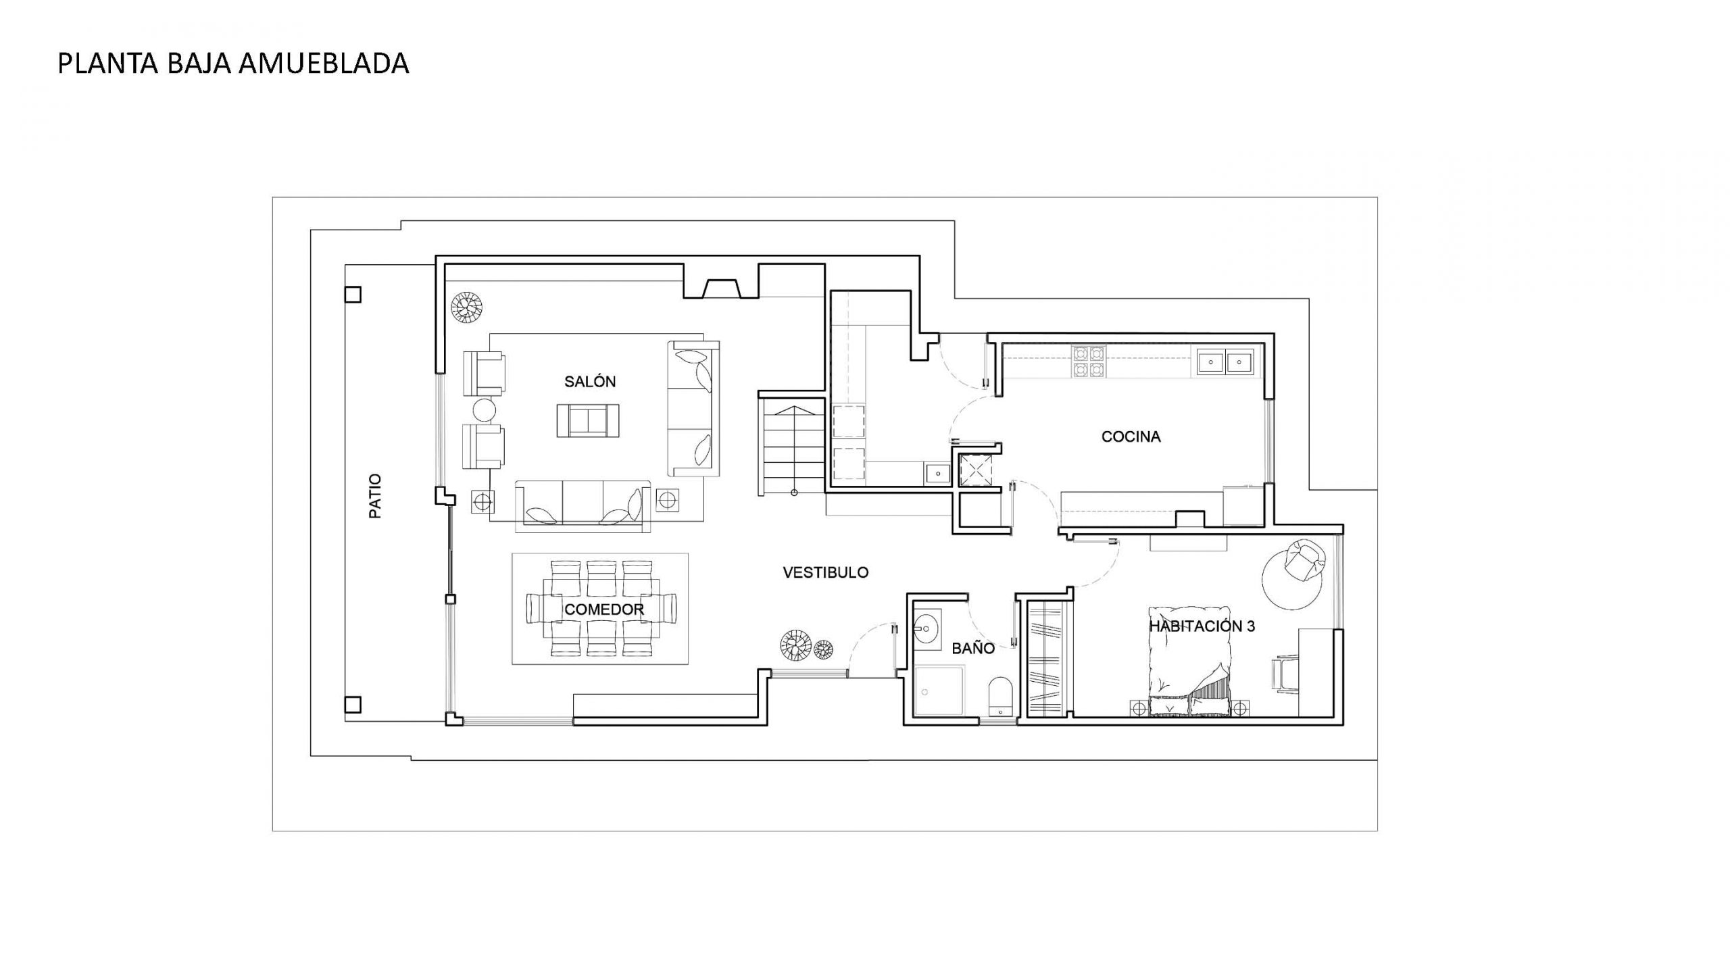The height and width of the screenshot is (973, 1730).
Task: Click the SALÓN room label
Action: tap(590, 382)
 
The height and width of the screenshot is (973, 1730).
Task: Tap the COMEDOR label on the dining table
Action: tap(603, 609)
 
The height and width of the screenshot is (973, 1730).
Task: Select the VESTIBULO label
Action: tap(825, 572)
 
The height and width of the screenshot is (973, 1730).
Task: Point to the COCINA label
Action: tap(1131, 436)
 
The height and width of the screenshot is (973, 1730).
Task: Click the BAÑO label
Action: tap(973, 649)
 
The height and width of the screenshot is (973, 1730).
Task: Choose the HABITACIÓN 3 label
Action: tap(1202, 626)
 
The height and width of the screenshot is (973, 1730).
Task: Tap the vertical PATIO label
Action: tap(375, 496)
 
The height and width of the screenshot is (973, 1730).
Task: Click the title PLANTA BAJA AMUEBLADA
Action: tap(233, 64)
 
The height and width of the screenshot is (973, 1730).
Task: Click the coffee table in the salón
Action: tap(588, 420)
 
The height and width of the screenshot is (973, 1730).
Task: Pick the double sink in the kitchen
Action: tap(1225, 361)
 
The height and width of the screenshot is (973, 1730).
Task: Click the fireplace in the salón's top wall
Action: tap(722, 289)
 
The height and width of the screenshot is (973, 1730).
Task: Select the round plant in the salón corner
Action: tap(467, 307)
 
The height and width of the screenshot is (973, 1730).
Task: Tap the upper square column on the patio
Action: tap(353, 295)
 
